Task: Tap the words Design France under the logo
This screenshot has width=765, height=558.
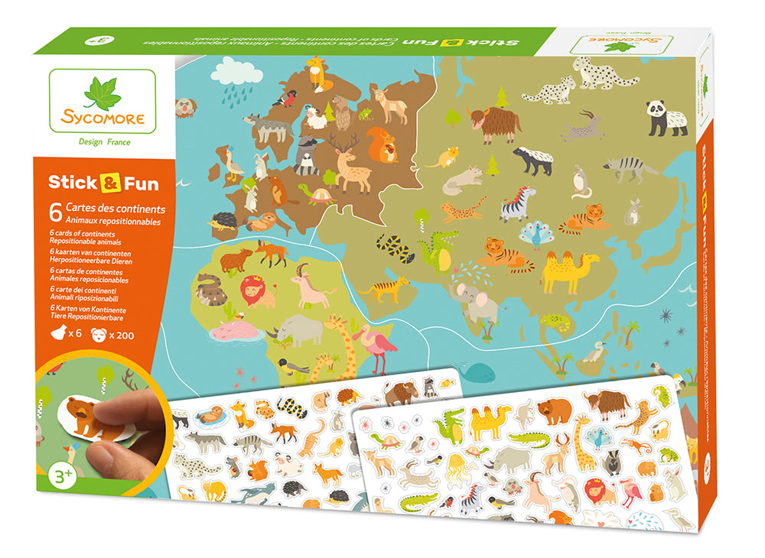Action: click(x=105, y=141)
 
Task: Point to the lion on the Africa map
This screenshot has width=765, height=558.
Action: click(x=257, y=291)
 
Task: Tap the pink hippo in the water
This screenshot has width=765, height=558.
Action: click(x=235, y=330)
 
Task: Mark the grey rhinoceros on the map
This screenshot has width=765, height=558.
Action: click(x=302, y=329)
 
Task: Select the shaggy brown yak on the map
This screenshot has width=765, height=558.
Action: click(x=496, y=122)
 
